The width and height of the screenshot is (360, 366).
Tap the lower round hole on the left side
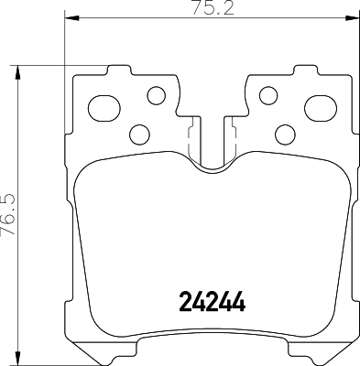click(x=139, y=135)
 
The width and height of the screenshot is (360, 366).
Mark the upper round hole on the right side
click(x=267, y=94)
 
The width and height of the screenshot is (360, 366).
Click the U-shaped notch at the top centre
click(x=211, y=156)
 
